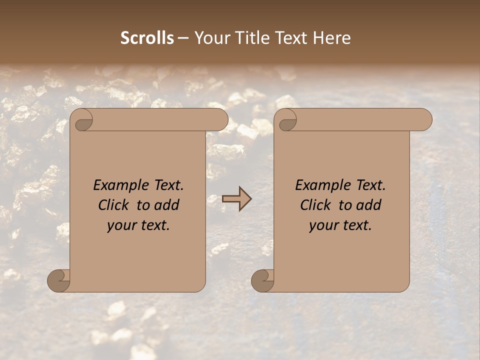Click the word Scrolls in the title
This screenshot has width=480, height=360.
pyautogui.click(x=147, y=38)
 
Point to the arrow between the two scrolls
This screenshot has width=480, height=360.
pyautogui.click(x=236, y=199)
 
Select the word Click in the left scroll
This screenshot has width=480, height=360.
pyautogui.click(x=113, y=205)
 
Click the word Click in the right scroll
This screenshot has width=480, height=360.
pyautogui.click(x=315, y=205)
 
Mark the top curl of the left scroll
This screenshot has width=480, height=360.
pyautogui.click(x=82, y=119)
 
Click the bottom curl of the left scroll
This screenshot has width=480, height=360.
pyautogui.click(x=58, y=280)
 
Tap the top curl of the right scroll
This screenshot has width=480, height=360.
pyautogui.click(x=286, y=119)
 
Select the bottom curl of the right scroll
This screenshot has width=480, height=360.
pyautogui.click(x=262, y=280)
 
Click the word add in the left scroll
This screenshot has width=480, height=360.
pyautogui.click(x=166, y=205)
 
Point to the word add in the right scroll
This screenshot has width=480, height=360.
pyautogui.click(x=368, y=205)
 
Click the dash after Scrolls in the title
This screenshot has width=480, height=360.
pyautogui.click(x=183, y=38)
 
